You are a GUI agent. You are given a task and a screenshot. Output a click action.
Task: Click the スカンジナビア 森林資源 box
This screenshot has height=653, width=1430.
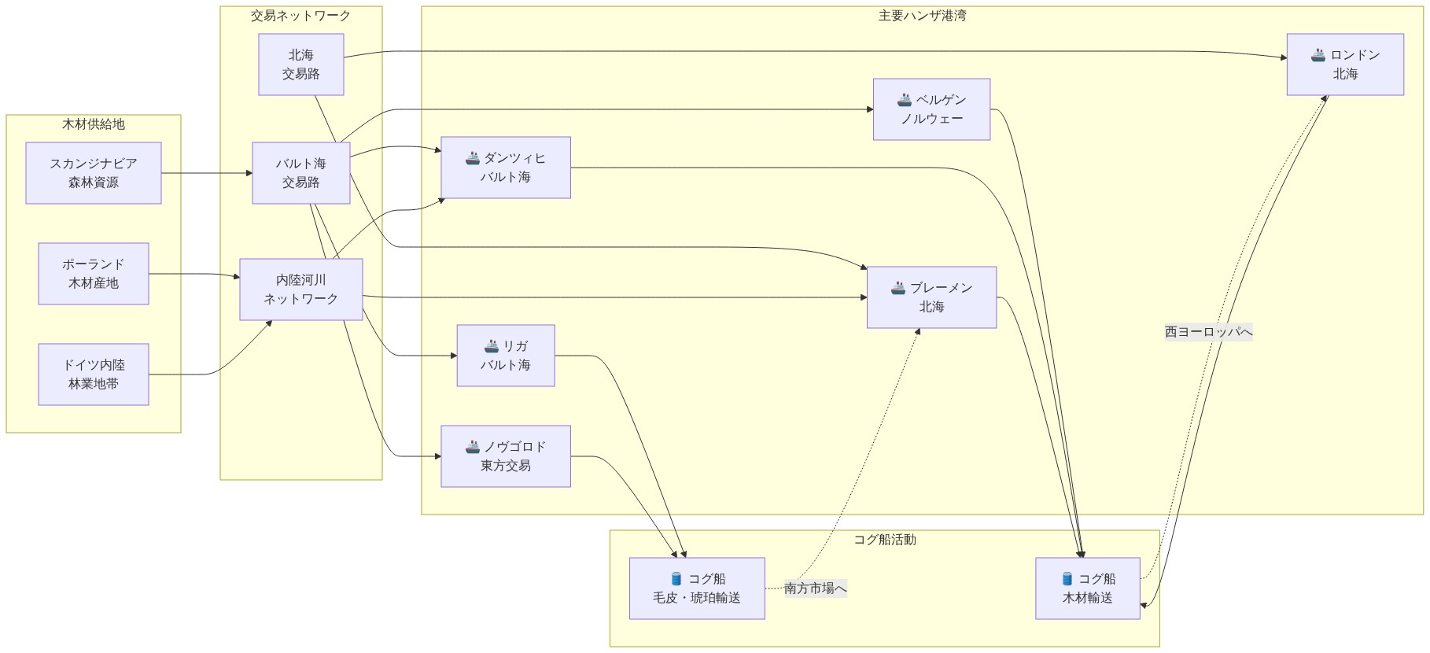[94, 173]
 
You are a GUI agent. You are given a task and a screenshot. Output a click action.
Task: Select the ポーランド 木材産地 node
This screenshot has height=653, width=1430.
[94, 274]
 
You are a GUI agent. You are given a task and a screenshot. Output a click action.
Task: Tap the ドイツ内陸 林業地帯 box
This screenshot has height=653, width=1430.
[94, 374]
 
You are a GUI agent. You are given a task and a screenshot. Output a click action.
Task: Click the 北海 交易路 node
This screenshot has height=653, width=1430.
[301, 65]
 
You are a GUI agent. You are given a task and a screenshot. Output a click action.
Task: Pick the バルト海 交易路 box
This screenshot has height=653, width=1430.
[301, 173]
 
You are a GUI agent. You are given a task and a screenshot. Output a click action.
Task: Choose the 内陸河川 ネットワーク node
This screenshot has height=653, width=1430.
[301, 290]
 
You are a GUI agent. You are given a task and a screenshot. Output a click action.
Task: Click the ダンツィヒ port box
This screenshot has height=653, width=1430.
[506, 168]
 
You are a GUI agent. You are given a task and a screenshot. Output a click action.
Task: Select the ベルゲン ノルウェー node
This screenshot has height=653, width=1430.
[931, 109]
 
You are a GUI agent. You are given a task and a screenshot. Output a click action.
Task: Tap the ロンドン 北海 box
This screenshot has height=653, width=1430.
[1345, 65]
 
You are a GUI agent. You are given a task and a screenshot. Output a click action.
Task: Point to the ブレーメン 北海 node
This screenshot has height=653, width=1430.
[931, 297]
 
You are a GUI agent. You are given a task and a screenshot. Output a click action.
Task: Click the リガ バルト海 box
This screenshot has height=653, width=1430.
[506, 356]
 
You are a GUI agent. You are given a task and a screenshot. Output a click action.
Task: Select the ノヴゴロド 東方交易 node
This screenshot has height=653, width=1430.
[506, 456]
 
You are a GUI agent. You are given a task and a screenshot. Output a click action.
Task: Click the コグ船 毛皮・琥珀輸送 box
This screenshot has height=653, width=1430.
[697, 588]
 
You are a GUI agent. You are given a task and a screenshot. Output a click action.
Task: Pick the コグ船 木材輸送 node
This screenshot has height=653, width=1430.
[1087, 588]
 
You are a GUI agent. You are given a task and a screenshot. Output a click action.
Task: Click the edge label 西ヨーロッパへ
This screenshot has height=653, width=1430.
[1208, 332]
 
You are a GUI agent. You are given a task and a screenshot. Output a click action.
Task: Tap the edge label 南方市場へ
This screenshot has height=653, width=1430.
[816, 588]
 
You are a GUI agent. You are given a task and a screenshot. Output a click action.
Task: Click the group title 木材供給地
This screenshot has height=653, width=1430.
[94, 124]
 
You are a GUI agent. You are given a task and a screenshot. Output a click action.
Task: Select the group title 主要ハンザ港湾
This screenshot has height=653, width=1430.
[922, 16]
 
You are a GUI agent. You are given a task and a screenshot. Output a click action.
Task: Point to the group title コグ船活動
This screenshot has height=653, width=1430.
[885, 540]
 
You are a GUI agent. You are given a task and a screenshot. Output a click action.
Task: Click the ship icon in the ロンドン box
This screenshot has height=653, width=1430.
[1318, 55]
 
